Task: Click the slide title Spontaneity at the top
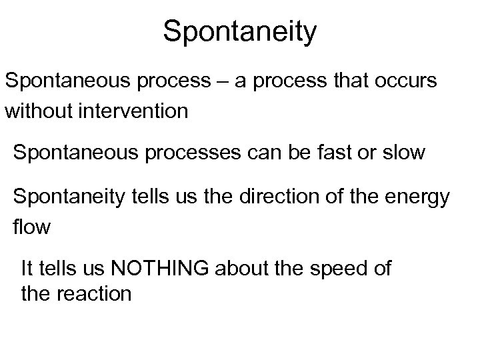coord(240,32)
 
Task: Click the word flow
coord(31,227)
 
